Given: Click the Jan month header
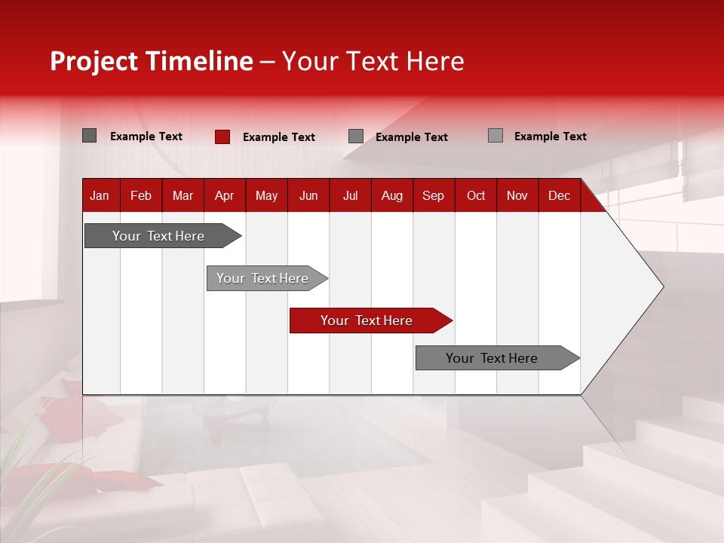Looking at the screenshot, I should (x=100, y=196).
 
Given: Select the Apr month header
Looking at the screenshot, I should (x=224, y=196).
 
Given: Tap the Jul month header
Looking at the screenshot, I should (x=350, y=196).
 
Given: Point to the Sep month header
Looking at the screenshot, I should (x=433, y=196).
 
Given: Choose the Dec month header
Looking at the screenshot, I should (x=559, y=196).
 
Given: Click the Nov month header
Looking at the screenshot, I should (x=517, y=196).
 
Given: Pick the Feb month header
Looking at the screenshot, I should (x=141, y=196).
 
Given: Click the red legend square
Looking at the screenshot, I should (x=222, y=137).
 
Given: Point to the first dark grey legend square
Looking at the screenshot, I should (x=90, y=136).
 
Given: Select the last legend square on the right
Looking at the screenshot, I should (x=495, y=136).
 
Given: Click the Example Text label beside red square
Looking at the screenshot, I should (x=278, y=137).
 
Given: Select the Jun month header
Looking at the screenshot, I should (x=308, y=196).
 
